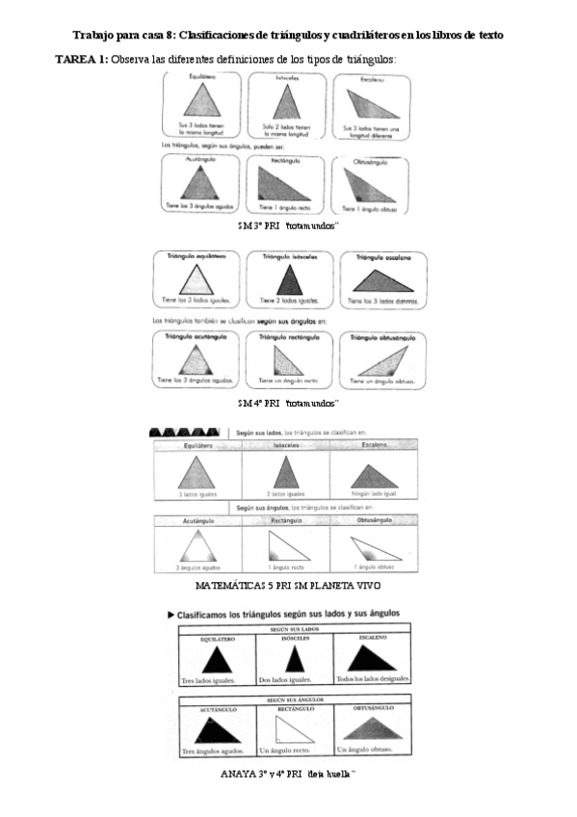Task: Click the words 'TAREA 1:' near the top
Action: [82, 60]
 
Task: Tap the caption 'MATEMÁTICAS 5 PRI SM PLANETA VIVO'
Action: [287, 585]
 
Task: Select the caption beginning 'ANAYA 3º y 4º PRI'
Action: [288, 774]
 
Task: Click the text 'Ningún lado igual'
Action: [373, 493]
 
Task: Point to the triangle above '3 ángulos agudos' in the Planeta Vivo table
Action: [196, 547]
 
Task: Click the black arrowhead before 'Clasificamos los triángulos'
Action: [170, 612]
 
